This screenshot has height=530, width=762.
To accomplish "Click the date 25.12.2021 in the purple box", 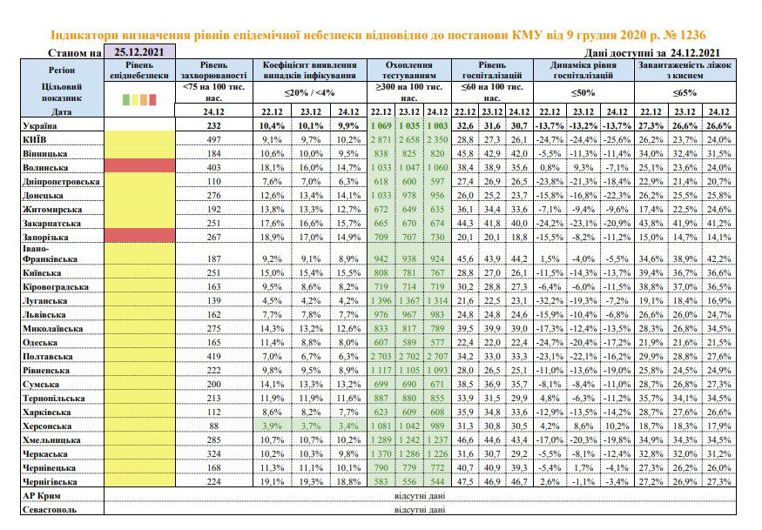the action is [139, 51].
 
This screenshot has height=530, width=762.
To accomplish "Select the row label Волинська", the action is [45, 168].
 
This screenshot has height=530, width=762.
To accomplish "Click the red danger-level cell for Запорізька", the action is [139, 236].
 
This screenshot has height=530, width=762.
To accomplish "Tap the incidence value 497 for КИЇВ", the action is [214, 140].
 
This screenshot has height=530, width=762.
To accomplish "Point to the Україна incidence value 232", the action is [214, 126].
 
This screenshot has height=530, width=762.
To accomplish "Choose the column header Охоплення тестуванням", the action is [409, 70].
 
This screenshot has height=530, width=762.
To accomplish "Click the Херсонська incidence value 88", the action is [214, 426].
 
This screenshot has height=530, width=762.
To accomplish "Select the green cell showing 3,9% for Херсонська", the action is [272, 426].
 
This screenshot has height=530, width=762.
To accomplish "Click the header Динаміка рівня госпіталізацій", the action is [583, 70].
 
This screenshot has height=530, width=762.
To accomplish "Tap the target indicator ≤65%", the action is [685, 92].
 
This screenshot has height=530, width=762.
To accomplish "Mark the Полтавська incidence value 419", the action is [214, 357].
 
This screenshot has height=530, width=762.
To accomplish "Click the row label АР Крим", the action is [42, 496].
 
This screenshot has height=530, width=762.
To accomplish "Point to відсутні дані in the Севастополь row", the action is [420, 510].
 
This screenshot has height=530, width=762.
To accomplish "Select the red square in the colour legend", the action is [152, 99].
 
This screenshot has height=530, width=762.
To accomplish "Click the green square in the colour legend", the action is [126, 99].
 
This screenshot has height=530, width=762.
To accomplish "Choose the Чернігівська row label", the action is [50, 482].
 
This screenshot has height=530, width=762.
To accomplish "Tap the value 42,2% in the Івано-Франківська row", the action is [718, 259].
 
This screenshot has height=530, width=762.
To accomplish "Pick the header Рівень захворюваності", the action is [214, 70].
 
